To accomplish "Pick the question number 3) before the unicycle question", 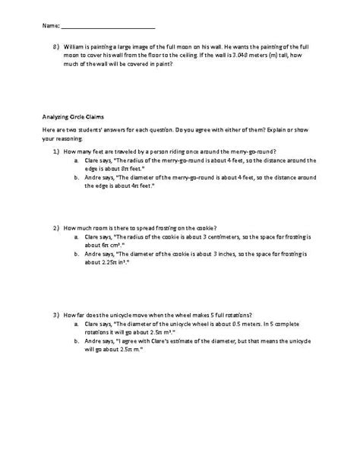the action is pyautogui.click(x=57, y=314).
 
